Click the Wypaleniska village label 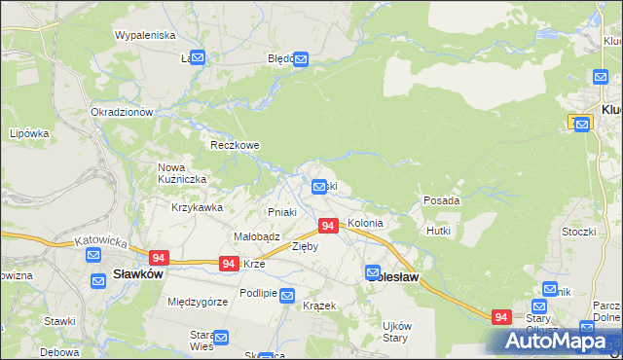coord(144,35)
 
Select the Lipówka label coord(28,133)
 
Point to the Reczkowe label coord(236,145)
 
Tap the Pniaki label coord(281,211)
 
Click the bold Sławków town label coord(137,273)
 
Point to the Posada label coord(441,200)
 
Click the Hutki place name coord(437,231)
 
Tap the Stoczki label coord(578,232)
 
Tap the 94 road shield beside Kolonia coord(328,226)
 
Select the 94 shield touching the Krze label coord(229,264)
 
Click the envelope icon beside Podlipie coord(287,295)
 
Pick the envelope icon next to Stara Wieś coord(221,339)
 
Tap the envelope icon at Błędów coord(301,59)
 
